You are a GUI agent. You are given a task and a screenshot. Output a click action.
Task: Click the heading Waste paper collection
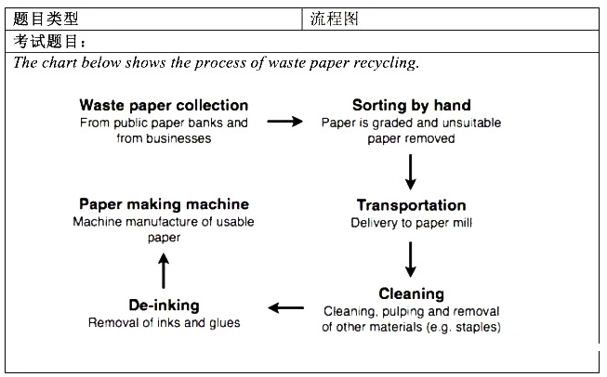pyautogui.click(x=164, y=105)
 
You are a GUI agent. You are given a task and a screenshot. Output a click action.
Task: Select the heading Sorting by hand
pyautogui.click(x=411, y=105)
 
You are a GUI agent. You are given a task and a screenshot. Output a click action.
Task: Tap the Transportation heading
pyautogui.click(x=411, y=205)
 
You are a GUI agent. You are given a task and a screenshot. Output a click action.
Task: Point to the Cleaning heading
pyautogui.click(x=411, y=294)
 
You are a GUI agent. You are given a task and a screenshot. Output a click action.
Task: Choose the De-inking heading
pyautogui.click(x=164, y=305)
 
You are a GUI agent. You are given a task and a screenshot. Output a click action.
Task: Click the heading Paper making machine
pyautogui.click(x=164, y=204)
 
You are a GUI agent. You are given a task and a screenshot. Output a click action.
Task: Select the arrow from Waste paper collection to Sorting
pyautogui.click(x=285, y=121)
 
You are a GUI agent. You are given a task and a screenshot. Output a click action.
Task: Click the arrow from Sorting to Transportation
pyautogui.click(x=410, y=171)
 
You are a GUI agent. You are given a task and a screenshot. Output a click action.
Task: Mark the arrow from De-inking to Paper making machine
pyautogui.click(x=164, y=270)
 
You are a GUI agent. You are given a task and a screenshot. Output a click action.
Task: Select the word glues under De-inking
pyautogui.click(x=223, y=323)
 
